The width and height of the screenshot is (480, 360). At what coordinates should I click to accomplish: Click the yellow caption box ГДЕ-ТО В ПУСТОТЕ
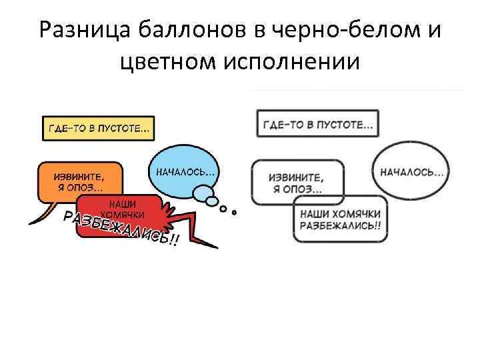pyautogui.click(x=97, y=128)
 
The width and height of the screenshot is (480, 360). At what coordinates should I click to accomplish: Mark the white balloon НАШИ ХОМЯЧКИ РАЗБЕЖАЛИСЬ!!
pyautogui.click(x=340, y=219)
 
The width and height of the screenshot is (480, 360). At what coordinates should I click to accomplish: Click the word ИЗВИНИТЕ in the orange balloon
pyautogui.click(x=79, y=176)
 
